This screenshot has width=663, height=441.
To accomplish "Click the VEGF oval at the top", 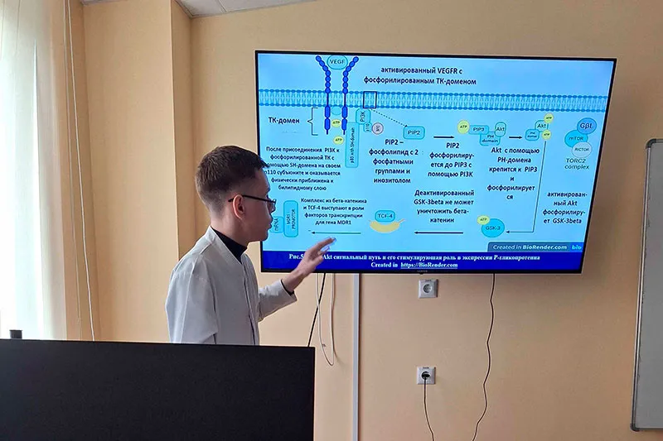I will tap(337, 61).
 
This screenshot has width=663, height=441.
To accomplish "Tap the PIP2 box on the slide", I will tap(413, 132).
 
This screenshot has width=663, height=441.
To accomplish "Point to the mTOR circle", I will tap(574, 139).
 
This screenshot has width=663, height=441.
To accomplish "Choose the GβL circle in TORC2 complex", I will tap(587, 126).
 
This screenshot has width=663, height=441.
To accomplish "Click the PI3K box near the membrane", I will tap(361, 117).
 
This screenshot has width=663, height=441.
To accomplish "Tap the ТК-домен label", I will tap(284, 120).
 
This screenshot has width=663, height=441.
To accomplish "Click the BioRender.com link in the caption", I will tap(429, 265).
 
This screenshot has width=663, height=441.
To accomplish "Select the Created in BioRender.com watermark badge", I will tap(531, 247).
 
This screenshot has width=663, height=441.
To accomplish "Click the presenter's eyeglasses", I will tap(257, 199).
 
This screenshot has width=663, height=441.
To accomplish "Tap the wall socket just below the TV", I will tap(428, 288).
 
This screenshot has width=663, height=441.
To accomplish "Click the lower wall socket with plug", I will tap(425, 375).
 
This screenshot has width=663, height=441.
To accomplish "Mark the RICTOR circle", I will tap(581, 150).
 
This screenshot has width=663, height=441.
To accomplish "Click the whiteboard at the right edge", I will tap(648, 281).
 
